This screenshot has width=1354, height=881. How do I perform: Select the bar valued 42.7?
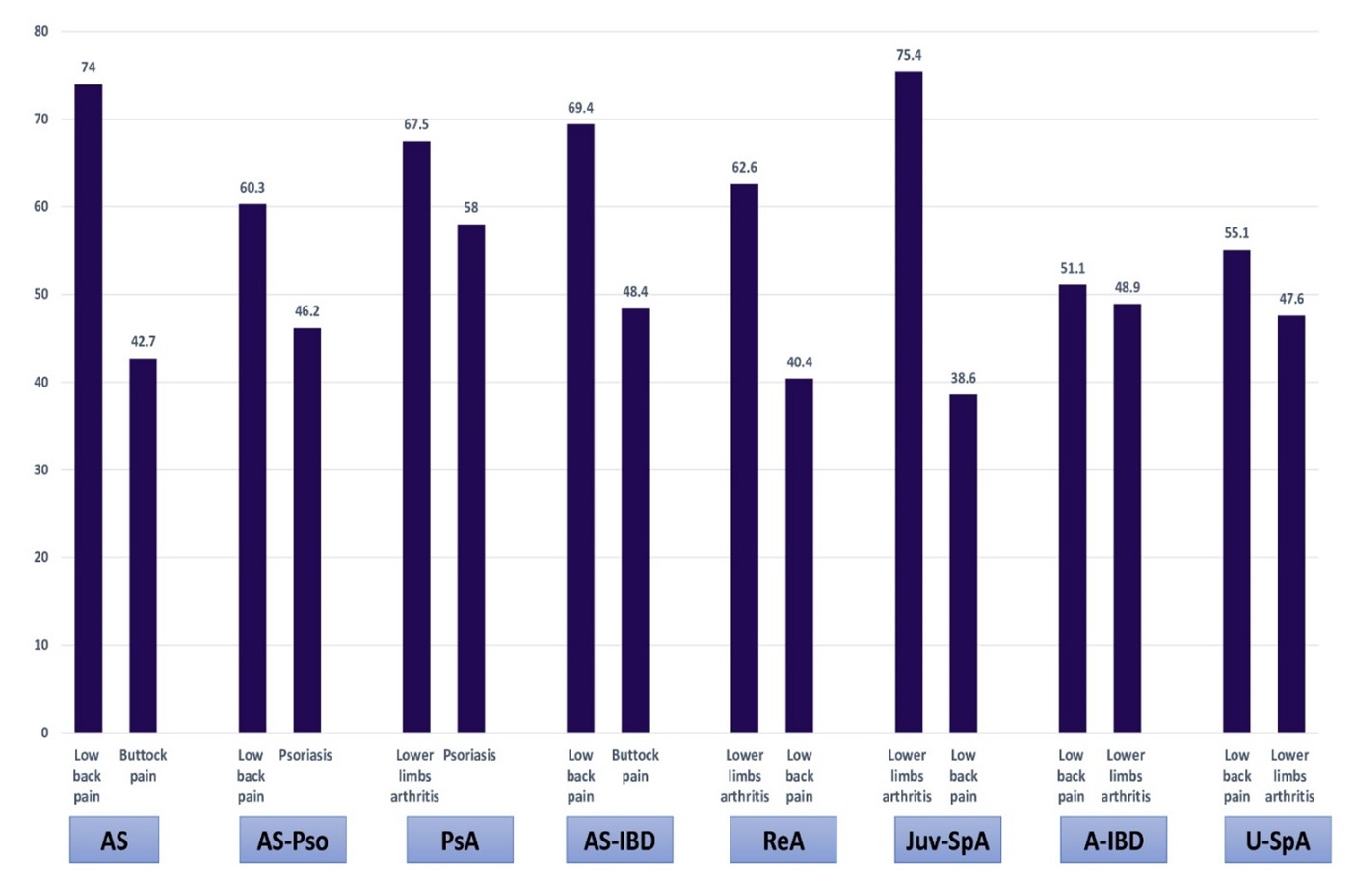pos(143,545)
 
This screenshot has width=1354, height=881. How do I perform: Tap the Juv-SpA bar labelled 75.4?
pos(908,402)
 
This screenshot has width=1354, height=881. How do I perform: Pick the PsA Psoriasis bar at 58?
pos(470,478)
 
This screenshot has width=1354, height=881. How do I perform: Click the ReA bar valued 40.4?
pos(799,555)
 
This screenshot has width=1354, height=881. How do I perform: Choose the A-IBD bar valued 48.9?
pos(1127,518)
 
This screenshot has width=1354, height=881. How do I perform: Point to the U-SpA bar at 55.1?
pos(1235,491)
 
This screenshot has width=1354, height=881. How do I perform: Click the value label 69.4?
pos(580,108)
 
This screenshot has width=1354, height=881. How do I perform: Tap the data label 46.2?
pos(306,311)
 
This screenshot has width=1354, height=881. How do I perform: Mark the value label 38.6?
pos(963,378)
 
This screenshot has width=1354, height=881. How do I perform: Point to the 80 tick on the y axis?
pos(40,31)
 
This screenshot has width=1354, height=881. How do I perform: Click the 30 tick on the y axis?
pos(40,469)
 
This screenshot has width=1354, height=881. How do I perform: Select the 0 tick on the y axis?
pos(44,733)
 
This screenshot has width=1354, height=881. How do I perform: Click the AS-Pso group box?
pos(292,841)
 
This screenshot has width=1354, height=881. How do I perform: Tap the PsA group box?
pos(460,841)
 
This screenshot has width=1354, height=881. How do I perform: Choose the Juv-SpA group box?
pos(947,841)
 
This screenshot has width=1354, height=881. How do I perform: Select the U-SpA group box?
pos(1277,841)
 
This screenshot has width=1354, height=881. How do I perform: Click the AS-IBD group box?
pos(619,841)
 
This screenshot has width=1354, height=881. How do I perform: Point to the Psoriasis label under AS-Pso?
pos(305,755)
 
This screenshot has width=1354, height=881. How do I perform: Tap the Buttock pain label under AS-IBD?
pos(635,765)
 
